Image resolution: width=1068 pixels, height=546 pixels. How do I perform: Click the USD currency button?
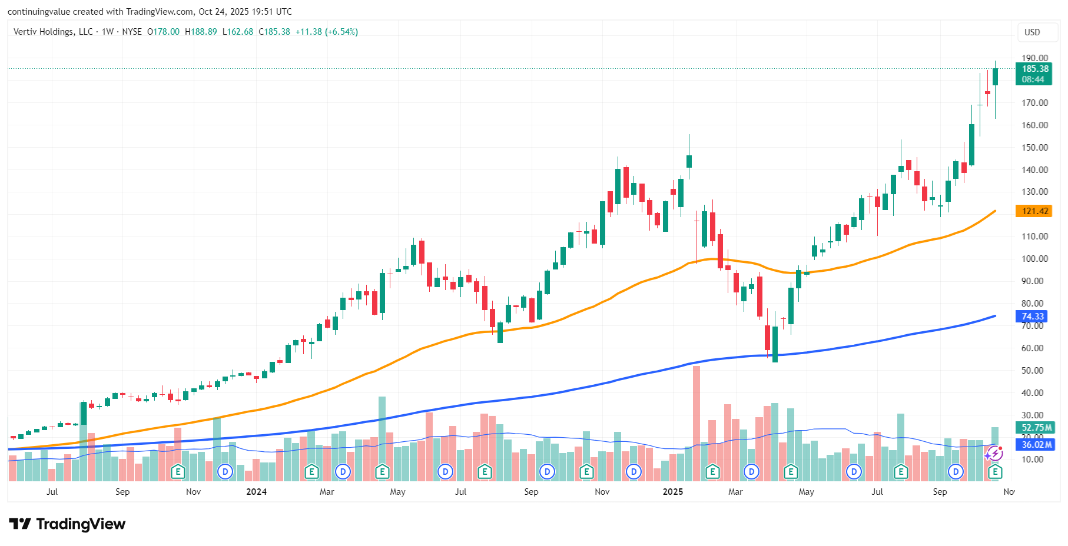1032,32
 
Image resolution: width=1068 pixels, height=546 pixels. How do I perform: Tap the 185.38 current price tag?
1034,69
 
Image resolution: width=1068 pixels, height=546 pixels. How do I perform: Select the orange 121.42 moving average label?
1034,211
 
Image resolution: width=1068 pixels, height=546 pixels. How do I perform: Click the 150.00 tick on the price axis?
1034,148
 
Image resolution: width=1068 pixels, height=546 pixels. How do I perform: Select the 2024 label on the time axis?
256,492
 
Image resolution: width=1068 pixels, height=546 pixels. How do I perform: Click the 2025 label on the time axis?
673,492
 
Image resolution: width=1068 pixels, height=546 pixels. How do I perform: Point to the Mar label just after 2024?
327,492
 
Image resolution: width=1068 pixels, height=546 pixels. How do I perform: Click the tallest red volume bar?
696,424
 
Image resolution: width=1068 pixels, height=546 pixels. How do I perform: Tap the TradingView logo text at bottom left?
68,524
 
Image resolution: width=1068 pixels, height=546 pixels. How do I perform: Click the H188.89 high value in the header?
201,32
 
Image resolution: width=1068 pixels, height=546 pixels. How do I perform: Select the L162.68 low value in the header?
238,32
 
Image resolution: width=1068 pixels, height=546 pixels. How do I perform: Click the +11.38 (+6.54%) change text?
327,32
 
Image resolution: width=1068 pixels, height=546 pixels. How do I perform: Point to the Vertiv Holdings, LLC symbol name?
53,32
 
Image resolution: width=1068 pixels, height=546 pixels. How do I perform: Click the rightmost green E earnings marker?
995,472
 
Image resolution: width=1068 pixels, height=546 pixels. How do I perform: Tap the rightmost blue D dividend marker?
956,472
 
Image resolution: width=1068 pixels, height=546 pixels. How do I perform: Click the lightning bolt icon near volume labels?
994,454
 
